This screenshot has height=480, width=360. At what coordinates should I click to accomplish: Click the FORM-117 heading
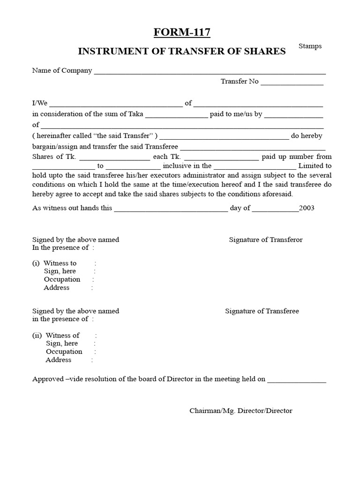(x=181, y=32)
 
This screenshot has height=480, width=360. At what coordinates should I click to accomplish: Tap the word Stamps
(x=310, y=46)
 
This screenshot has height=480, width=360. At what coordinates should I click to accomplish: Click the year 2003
(x=307, y=208)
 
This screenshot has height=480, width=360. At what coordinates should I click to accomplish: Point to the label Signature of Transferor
(x=265, y=240)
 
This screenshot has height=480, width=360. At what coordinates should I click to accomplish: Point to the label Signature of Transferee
(x=262, y=311)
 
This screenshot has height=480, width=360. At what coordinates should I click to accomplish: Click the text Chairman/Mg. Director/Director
(x=240, y=411)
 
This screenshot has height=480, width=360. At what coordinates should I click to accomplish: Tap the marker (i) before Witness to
(x=36, y=263)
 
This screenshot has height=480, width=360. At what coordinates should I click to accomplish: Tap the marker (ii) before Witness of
(x=37, y=335)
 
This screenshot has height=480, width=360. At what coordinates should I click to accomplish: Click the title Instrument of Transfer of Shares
(x=181, y=52)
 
